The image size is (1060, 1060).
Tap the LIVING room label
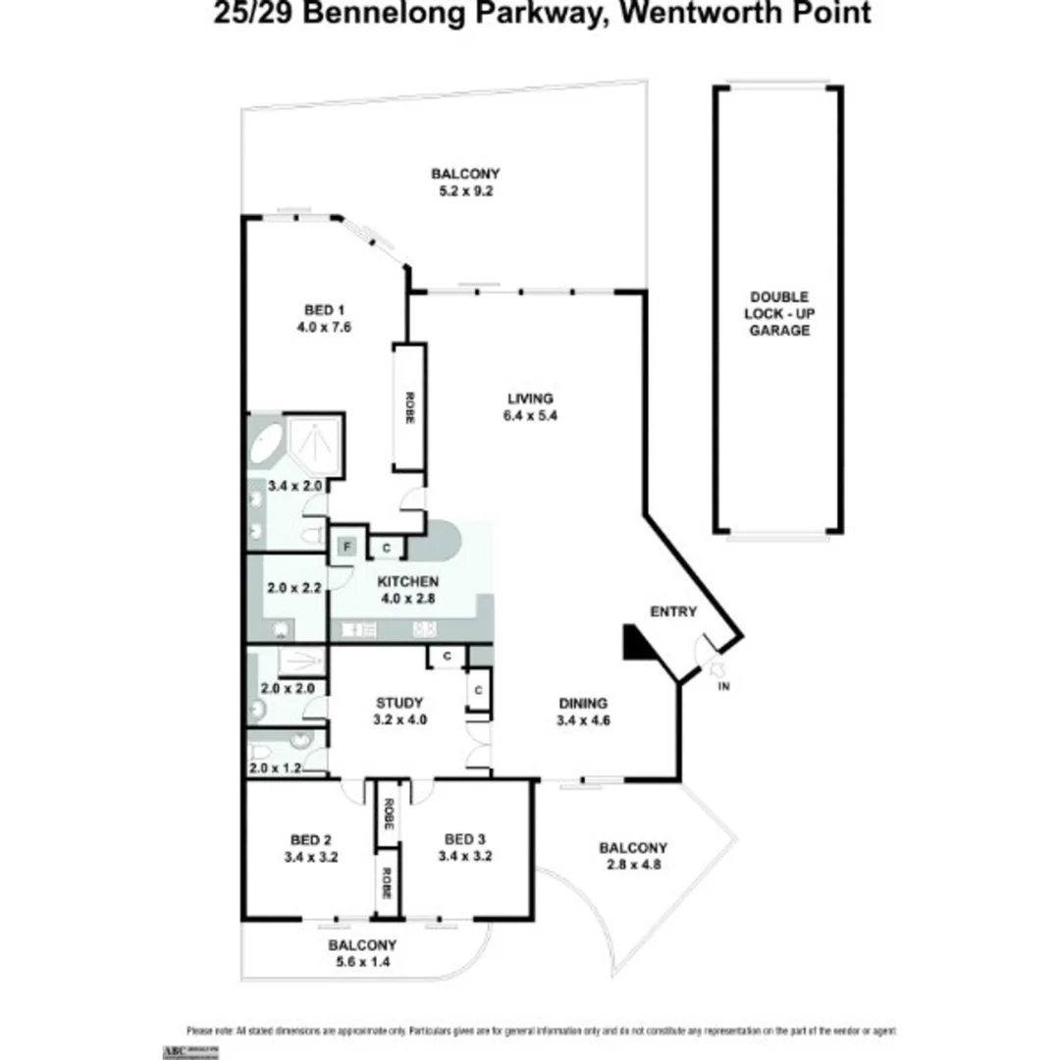(530, 398)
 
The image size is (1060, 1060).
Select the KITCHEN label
(408, 581)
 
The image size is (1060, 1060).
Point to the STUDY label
(399, 703)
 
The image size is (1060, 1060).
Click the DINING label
(583, 703)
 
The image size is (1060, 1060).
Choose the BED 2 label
(311, 839)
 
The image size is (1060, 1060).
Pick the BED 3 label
(465, 839)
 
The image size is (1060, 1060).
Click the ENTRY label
(673, 611)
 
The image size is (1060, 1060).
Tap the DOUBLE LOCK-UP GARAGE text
(778, 313)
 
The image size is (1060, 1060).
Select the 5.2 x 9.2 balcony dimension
(458, 191)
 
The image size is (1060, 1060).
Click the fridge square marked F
(345, 547)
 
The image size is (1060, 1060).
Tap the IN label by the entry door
(724, 686)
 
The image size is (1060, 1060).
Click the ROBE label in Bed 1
(408, 407)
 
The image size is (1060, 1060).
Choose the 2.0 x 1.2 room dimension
(274, 768)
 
